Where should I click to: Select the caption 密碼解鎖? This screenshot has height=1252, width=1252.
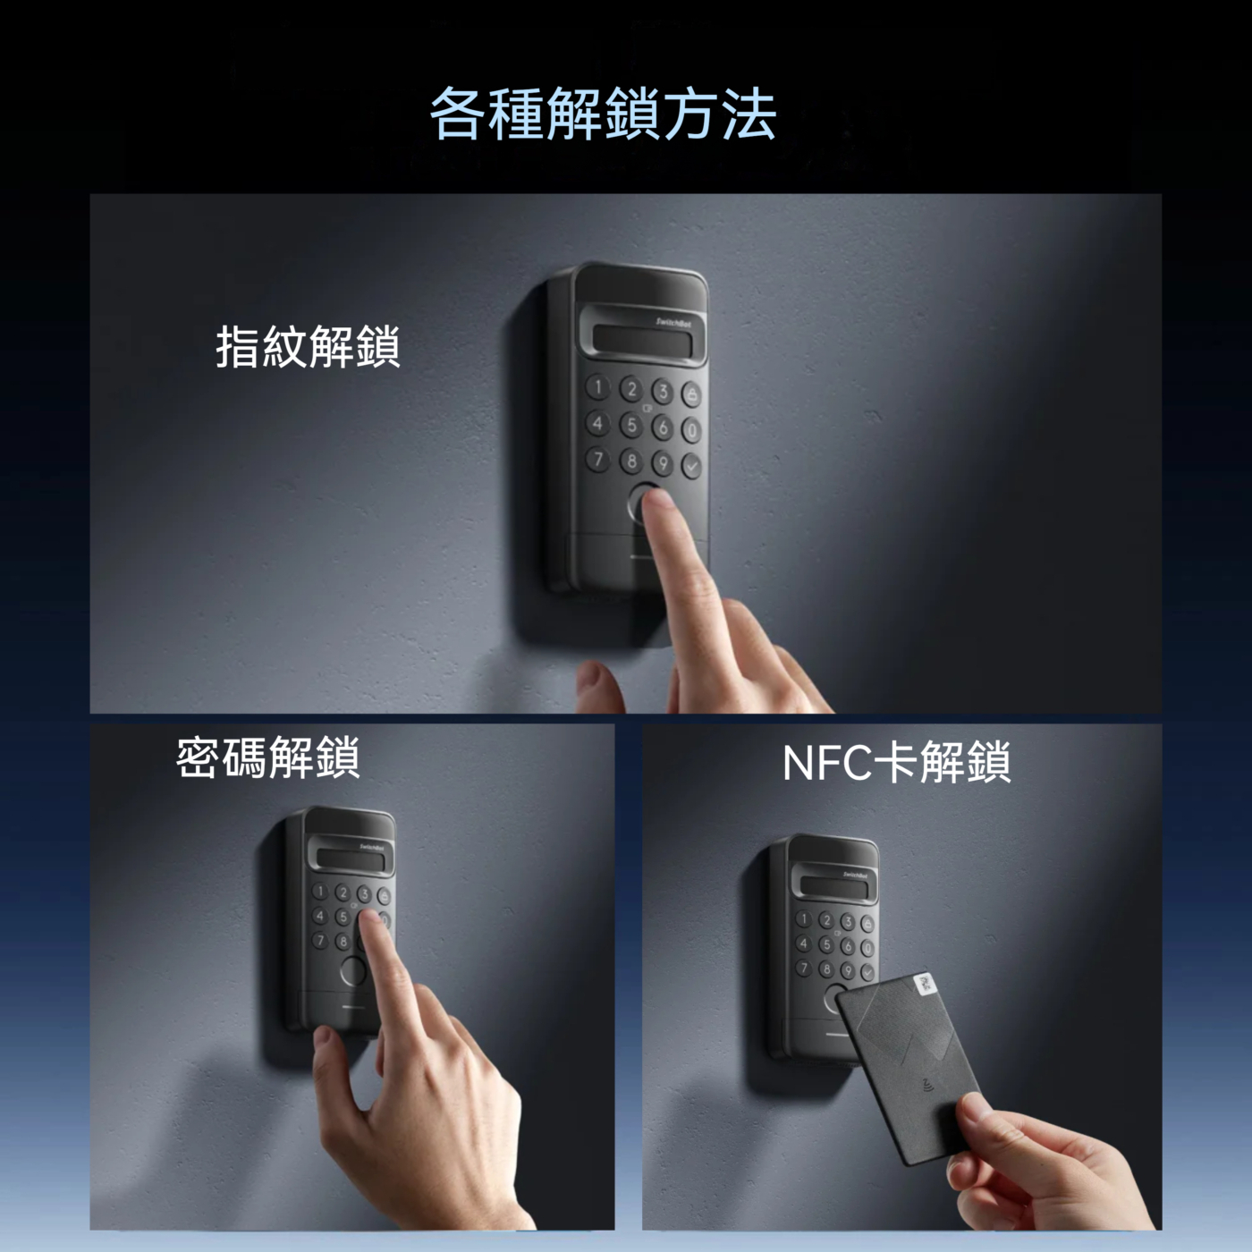click(267, 757)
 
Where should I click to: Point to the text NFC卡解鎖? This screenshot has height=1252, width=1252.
click(897, 762)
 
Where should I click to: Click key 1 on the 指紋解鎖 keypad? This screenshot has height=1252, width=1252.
click(597, 387)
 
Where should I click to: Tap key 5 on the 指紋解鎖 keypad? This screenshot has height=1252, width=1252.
click(630, 424)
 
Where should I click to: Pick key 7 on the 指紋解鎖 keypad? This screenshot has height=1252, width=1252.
click(597, 459)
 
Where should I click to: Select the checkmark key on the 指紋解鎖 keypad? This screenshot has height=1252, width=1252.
click(691, 465)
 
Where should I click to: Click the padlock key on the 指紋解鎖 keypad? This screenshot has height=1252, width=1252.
click(691, 393)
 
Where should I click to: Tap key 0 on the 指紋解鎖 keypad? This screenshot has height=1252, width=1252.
click(691, 429)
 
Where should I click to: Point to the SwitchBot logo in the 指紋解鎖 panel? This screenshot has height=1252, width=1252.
click(670, 322)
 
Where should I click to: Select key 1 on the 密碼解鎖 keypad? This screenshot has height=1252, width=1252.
click(319, 891)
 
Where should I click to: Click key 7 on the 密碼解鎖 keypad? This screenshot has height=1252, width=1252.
click(319, 940)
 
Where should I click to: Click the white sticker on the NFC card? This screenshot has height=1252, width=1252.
click(926, 985)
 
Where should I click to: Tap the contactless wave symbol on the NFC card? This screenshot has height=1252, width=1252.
click(926, 1083)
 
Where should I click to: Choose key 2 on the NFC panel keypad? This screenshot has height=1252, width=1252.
click(825, 919)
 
